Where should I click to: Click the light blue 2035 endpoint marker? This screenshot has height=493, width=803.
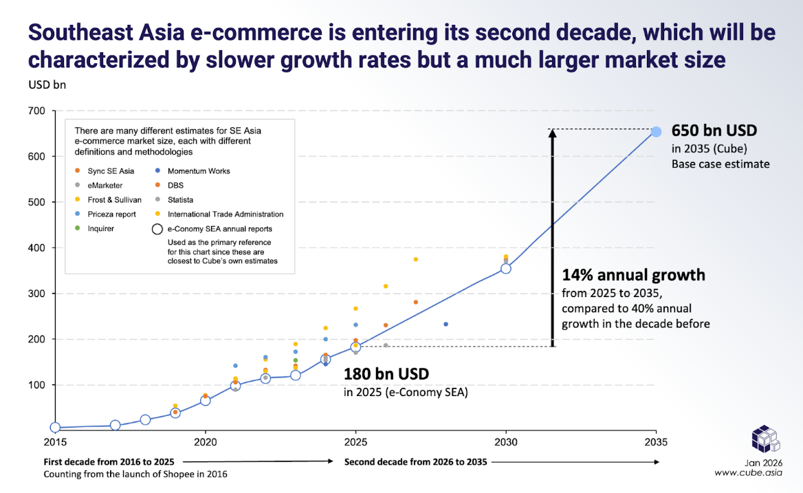coord(656,132)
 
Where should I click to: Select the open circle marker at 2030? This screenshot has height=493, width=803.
coord(506,268)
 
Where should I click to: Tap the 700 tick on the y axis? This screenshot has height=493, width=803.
coord(36,111)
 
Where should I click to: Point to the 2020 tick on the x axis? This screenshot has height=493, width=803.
coord(205,441)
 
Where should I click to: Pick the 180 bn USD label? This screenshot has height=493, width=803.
coord(386,375)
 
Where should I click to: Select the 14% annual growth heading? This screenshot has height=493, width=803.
coord(633,275)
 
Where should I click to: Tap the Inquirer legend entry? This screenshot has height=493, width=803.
coord(100,228)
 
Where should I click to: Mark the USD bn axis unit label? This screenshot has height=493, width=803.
coord(47,85)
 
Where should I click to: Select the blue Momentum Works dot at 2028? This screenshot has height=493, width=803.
coord(445,324)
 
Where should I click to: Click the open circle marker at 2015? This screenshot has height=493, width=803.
coord(55,428)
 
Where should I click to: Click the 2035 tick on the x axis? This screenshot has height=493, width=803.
coord(656,441)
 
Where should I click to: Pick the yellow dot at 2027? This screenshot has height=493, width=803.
coord(415,259)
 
